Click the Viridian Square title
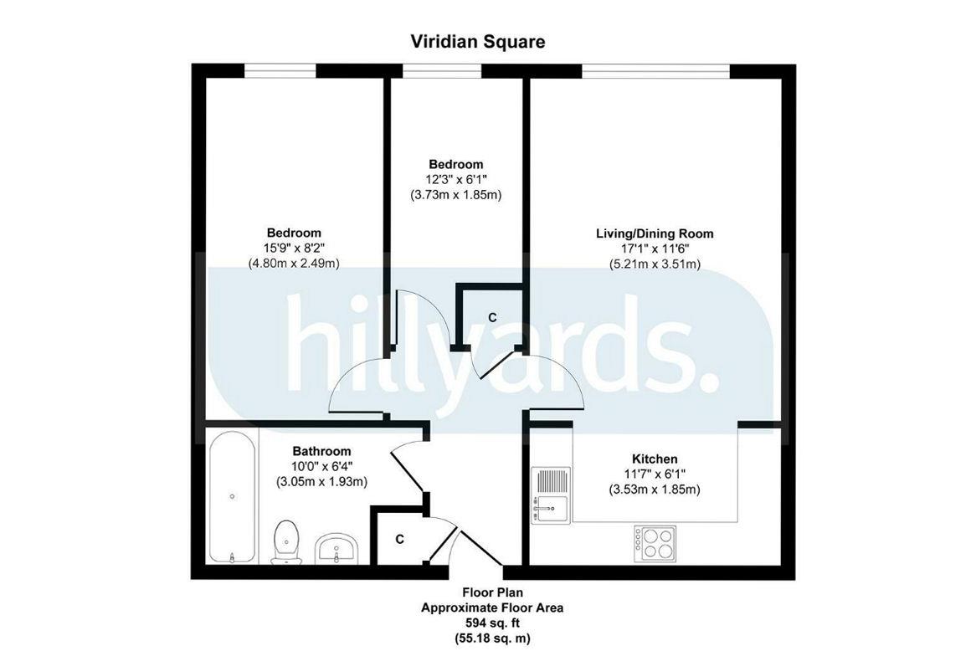[x=478, y=41]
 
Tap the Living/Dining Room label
[x=655, y=233]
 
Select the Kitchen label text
[x=654, y=459]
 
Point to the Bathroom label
[x=321, y=451]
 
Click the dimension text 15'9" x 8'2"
[x=294, y=248]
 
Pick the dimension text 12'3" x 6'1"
[x=456, y=179]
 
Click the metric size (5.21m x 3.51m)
[x=655, y=264]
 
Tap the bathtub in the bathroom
[x=232, y=497]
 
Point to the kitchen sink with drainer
[x=550, y=497]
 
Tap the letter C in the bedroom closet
[x=492, y=317]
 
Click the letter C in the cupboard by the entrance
[x=400, y=540]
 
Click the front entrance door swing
[x=456, y=552]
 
